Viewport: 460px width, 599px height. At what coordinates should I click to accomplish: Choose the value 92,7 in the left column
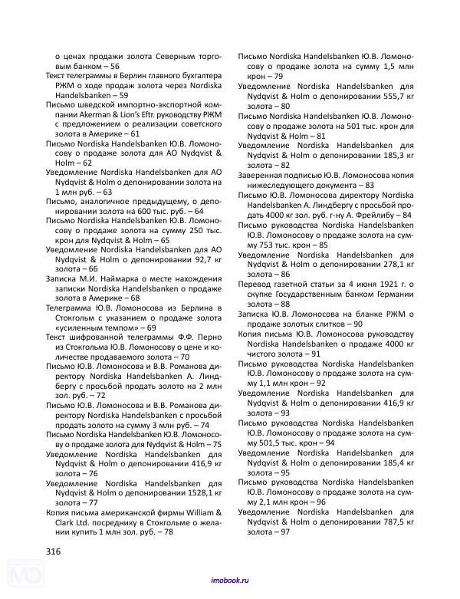coord(195,259)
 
